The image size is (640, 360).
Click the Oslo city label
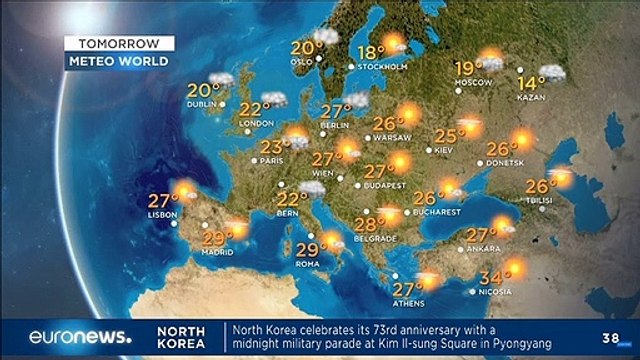tap(303, 59)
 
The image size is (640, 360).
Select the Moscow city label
tap(473, 81)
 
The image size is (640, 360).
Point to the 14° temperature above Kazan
tap(530, 82)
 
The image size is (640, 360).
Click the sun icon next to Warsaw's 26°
tap(409, 113)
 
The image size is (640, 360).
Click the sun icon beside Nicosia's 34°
tap(514, 267)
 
